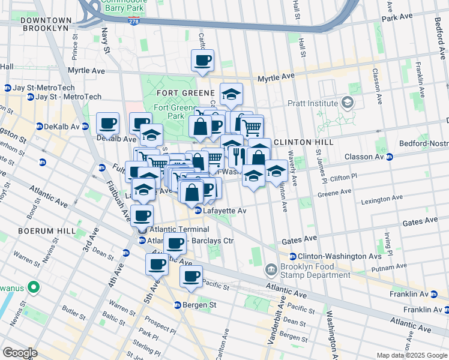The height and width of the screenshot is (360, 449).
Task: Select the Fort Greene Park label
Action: point(169,112)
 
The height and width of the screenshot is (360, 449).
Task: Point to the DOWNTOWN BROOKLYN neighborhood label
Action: point(45,24)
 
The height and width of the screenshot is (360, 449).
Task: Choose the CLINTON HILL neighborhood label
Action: point(299,142)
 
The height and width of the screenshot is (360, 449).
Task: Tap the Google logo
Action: point(20,353)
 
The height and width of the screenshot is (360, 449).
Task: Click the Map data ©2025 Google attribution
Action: point(412,355)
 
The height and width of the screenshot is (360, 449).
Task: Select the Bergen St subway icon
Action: point(178,305)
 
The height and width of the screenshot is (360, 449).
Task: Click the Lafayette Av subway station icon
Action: point(197,211)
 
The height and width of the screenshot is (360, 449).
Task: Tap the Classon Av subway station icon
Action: point(390,157)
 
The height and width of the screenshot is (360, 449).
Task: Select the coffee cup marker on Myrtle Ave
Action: point(202,60)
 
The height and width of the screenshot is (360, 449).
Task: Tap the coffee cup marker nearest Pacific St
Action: point(191,277)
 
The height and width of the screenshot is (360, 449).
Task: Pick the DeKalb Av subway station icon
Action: point(39,127)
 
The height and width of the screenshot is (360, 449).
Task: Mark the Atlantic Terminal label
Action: point(179,229)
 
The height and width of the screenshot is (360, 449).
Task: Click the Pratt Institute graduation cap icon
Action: point(347,103)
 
